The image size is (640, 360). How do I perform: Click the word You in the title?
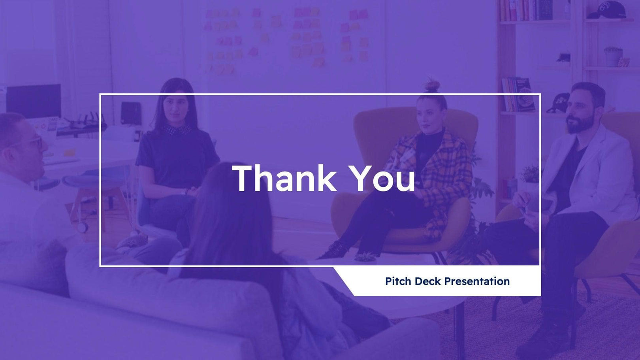(x=382, y=179)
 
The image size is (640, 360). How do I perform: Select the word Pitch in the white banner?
(x=398, y=281)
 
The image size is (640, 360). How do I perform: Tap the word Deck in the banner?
(x=428, y=281)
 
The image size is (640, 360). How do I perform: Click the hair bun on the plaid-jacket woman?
(x=433, y=85)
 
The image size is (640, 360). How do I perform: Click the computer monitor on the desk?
(x=34, y=101)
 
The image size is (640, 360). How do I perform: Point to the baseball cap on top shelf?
(x=606, y=10)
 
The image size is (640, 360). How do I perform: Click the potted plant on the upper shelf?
(x=613, y=56)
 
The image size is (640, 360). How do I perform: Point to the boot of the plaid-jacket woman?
(x=334, y=250)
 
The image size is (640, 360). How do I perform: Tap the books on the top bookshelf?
(x=525, y=10)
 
